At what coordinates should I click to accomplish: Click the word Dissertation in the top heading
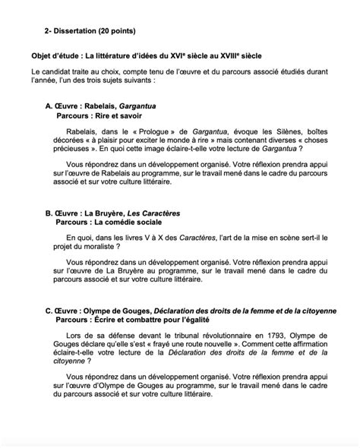[x=79, y=30]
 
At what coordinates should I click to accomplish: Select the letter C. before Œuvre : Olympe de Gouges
[x=49, y=311]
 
